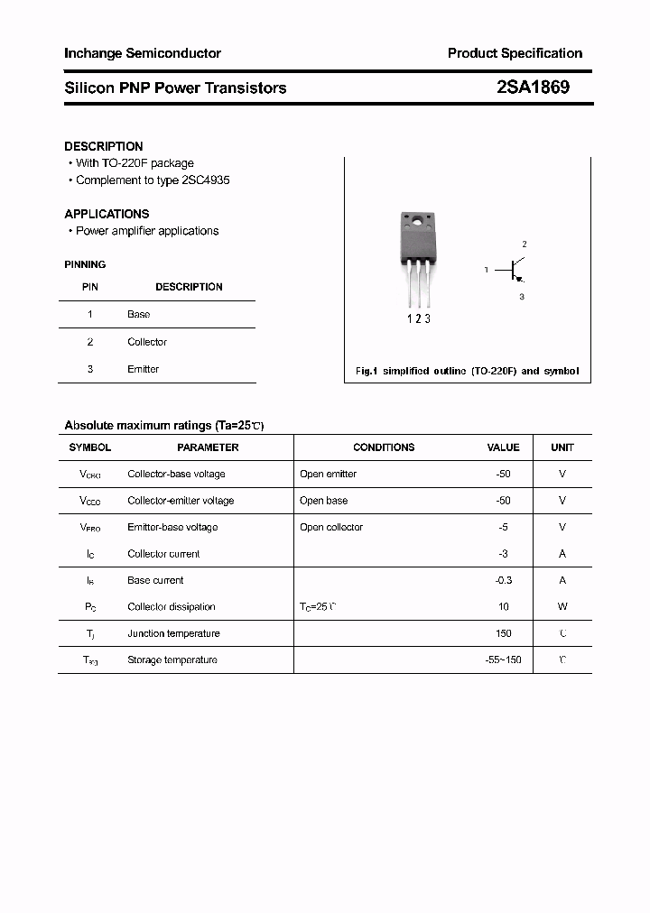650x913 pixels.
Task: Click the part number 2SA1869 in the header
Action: pyautogui.click(x=533, y=88)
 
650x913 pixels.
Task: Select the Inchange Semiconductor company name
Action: pyautogui.click(x=143, y=53)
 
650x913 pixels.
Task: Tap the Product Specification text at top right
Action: pyautogui.click(x=515, y=53)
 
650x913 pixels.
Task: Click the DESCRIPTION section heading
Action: pyautogui.click(x=104, y=146)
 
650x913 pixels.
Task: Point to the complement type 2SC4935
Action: pyautogui.click(x=206, y=180)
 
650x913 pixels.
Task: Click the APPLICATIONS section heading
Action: pyautogui.click(x=107, y=214)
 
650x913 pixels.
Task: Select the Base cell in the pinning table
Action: pyautogui.click(x=139, y=314)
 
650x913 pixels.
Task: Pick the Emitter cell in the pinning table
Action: pyautogui.click(x=143, y=369)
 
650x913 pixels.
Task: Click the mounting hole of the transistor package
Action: pyautogui.click(x=417, y=220)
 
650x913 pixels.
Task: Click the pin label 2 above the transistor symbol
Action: pyautogui.click(x=524, y=244)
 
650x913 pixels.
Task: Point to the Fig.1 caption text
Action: pyautogui.click(x=467, y=371)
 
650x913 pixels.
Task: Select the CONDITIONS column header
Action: pyautogui.click(x=384, y=447)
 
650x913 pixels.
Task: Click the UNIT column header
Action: pyautogui.click(x=562, y=447)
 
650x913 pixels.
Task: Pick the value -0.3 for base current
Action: pyautogui.click(x=503, y=580)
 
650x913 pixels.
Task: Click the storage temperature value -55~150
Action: pyautogui.click(x=503, y=659)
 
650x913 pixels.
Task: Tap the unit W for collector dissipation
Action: pyautogui.click(x=562, y=607)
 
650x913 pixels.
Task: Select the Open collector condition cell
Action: pyautogui.click(x=331, y=527)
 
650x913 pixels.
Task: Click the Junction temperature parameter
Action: pyautogui.click(x=173, y=633)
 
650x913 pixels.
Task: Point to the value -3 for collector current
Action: pyautogui.click(x=503, y=554)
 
